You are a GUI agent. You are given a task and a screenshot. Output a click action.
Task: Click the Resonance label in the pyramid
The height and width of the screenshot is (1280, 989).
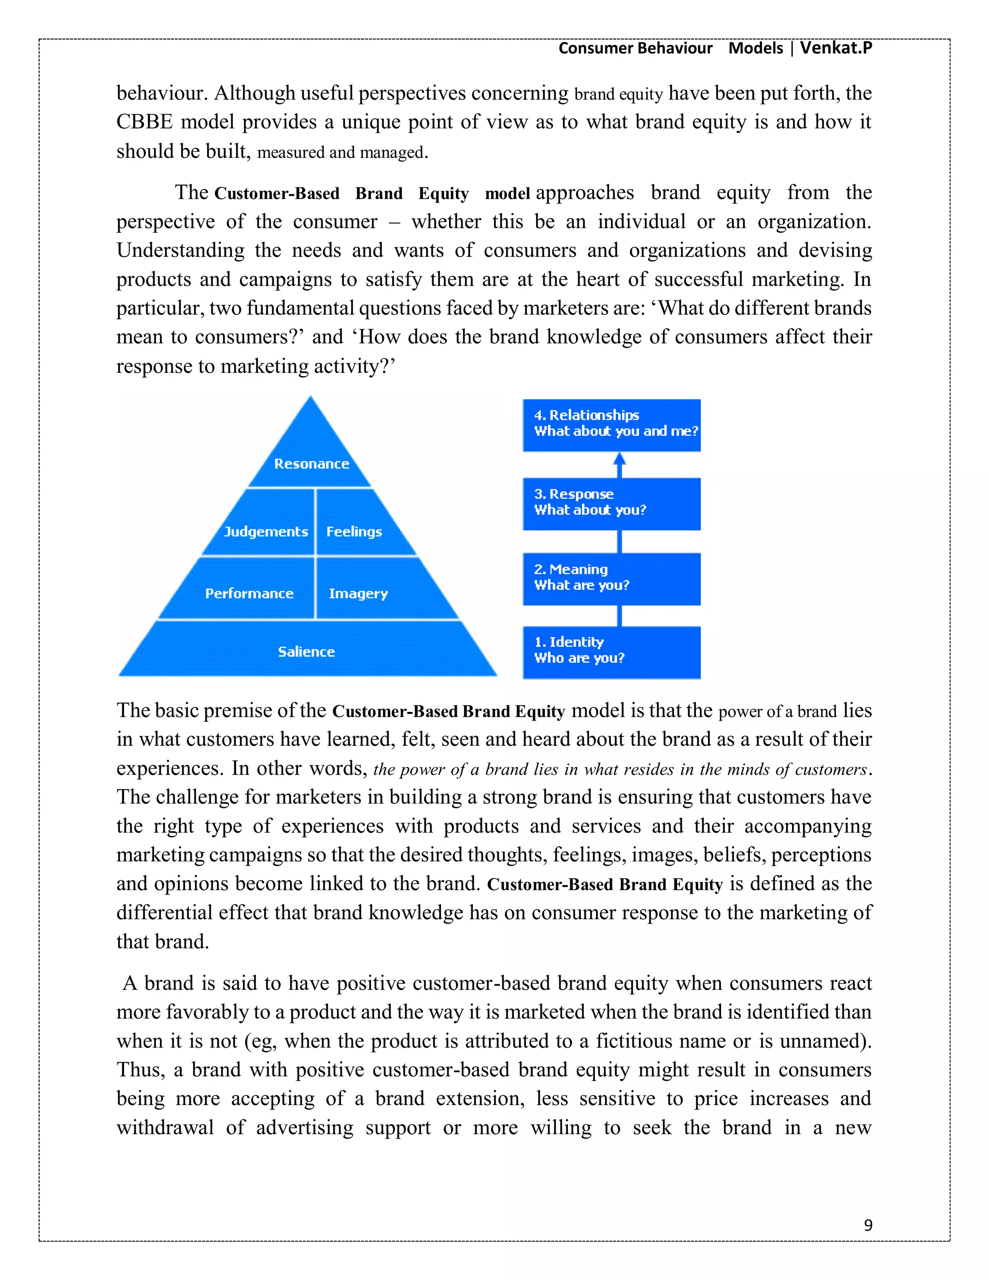click(x=311, y=464)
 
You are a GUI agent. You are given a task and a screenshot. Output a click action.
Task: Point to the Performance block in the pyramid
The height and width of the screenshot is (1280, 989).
click(x=249, y=593)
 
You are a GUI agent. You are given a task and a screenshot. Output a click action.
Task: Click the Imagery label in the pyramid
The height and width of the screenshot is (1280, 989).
click(x=358, y=593)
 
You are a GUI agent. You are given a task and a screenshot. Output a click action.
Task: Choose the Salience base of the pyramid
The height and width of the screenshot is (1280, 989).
click(x=307, y=651)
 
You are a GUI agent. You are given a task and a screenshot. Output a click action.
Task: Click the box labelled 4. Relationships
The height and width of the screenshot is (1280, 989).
click(x=611, y=425)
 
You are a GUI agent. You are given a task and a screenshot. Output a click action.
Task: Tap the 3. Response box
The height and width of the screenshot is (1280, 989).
click(x=611, y=503)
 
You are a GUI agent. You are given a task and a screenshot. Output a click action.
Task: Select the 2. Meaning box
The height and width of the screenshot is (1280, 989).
click(x=611, y=579)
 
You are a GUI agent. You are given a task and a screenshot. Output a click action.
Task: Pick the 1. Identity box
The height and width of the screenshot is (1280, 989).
click(x=611, y=652)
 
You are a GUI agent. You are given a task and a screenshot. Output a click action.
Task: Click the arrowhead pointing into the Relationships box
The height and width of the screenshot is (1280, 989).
click(x=619, y=458)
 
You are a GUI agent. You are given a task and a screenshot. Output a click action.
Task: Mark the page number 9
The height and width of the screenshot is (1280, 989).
click(x=868, y=1225)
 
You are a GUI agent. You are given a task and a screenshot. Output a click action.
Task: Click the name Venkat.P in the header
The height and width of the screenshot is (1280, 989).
click(x=835, y=47)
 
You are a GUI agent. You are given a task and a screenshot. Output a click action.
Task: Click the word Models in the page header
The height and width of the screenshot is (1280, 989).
click(x=755, y=47)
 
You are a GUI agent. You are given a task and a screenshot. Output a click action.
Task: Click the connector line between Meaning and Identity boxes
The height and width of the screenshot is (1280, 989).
click(x=619, y=615)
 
